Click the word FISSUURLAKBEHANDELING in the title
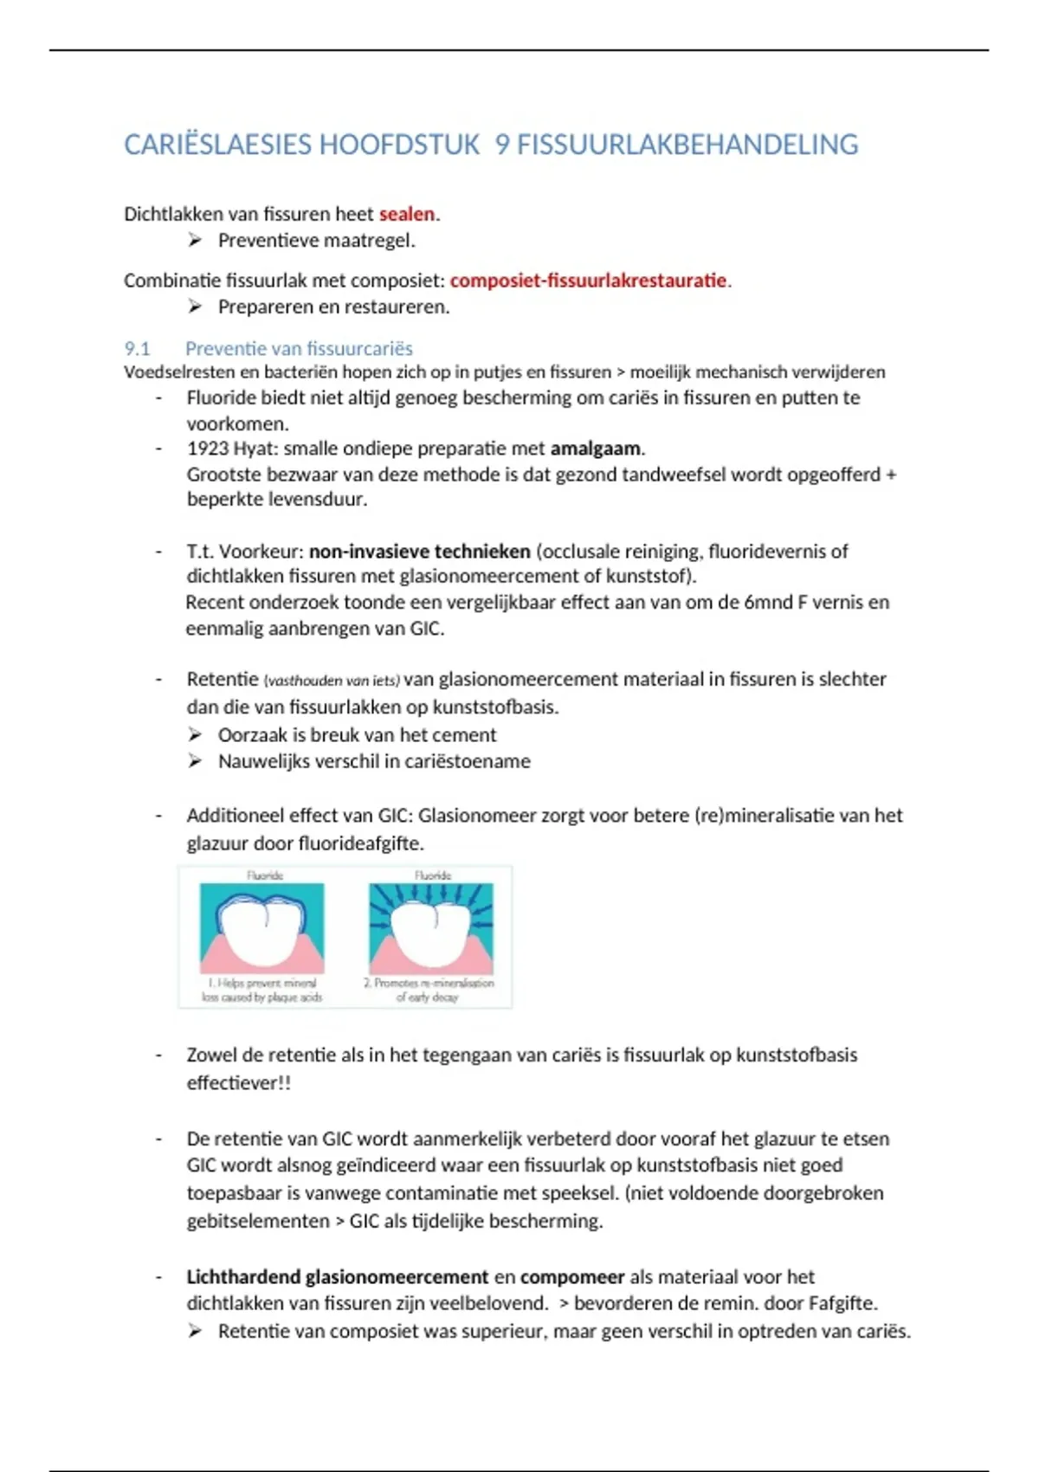(x=687, y=145)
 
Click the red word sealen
(x=407, y=214)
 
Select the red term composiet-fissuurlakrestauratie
(x=588, y=281)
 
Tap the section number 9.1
(x=137, y=349)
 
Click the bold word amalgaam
(x=596, y=449)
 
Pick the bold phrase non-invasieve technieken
(x=420, y=552)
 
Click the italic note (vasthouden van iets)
(x=332, y=681)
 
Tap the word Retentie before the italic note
(x=223, y=680)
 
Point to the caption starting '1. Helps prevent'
(x=261, y=990)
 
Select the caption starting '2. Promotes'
(x=429, y=990)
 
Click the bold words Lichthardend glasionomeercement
(x=338, y=1277)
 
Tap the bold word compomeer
(x=572, y=1277)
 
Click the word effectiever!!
(x=239, y=1083)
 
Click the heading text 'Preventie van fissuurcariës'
(x=299, y=349)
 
